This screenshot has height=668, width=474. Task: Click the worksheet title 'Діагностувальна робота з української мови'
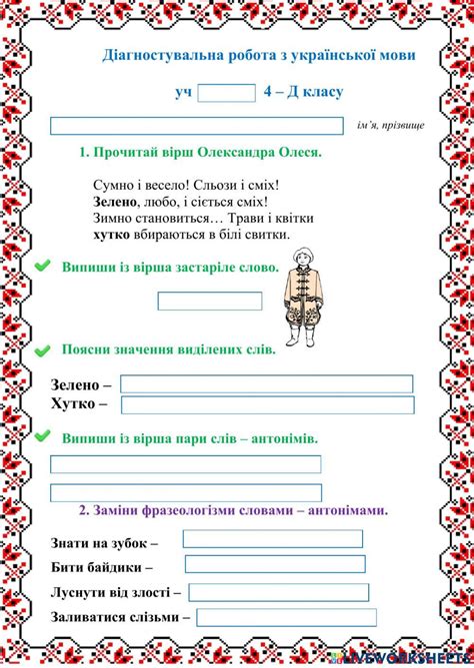pyautogui.click(x=259, y=55)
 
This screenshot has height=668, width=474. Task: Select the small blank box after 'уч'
pyautogui.click(x=227, y=93)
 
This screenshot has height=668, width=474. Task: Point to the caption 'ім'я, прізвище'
pyautogui.click(x=390, y=127)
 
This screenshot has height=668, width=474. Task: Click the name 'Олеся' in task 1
pyautogui.click(x=295, y=153)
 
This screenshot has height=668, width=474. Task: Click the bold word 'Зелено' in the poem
pyautogui.click(x=116, y=202)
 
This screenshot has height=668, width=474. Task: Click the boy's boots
pyautogui.click(x=300, y=337)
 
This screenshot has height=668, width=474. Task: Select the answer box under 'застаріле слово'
pyautogui.click(x=210, y=301)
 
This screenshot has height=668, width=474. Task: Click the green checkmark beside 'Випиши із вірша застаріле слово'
pyautogui.click(x=43, y=267)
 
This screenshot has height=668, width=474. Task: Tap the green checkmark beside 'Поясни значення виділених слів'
pyautogui.click(x=43, y=351)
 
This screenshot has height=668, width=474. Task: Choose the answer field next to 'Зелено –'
pyautogui.click(x=266, y=384)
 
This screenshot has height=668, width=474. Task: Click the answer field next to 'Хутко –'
pyautogui.click(x=266, y=404)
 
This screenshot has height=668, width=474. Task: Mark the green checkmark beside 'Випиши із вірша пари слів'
pyautogui.click(x=43, y=437)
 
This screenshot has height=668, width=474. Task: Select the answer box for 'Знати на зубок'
pyautogui.click(x=272, y=539)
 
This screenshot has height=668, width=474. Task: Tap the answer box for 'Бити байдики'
pyautogui.click(x=273, y=564)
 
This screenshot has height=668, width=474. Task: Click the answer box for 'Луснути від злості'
pyautogui.click(x=279, y=592)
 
